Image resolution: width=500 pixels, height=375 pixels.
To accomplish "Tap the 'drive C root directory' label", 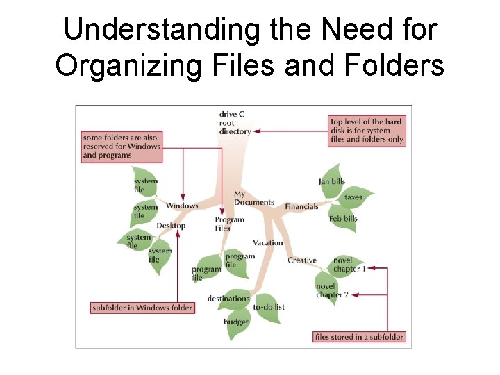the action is click(x=234, y=123).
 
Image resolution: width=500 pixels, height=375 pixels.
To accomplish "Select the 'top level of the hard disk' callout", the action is click(x=366, y=131).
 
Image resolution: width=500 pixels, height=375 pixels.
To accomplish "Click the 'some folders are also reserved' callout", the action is click(x=122, y=147).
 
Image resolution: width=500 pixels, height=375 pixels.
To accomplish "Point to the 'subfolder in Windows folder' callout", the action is click(x=142, y=308).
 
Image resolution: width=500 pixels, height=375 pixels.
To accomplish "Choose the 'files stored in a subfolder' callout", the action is click(x=358, y=337).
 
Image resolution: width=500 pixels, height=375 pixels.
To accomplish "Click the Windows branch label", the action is click(x=182, y=206).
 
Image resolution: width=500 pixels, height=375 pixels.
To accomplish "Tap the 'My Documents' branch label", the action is click(x=253, y=199).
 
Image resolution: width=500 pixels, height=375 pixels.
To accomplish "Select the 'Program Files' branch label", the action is click(x=229, y=224).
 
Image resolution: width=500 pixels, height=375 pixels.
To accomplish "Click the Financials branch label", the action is click(x=301, y=206).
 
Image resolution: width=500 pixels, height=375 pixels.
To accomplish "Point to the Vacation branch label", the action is click(x=268, y=243).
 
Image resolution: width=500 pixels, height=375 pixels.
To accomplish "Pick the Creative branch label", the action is click(x=302, y=260).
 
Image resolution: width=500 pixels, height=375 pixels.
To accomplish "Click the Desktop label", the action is click(x=171, y=226).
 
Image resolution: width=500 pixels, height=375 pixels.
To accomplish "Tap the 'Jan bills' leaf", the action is click(x=332, y=181).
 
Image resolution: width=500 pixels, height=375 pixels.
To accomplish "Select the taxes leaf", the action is click(x=353, y=197).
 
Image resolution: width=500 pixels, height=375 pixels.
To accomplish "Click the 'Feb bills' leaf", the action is click(x=343, y=218).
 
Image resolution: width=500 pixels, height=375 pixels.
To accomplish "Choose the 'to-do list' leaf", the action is click(x=269, y=307).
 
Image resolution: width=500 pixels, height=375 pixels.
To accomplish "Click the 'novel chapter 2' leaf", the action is click(x=331, y=290).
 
